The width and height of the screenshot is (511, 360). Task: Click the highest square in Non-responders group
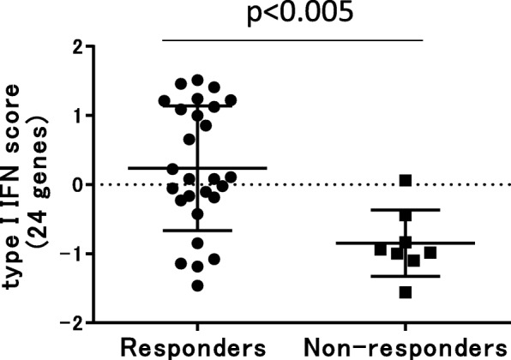coord(406,181)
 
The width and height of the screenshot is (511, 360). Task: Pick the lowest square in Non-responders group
coord(406,292)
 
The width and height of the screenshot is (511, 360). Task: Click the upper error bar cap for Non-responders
coord(406,210)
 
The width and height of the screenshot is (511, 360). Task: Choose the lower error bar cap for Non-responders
coord(406,276)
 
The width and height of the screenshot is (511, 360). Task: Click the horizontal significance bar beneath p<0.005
coord(292,39)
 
